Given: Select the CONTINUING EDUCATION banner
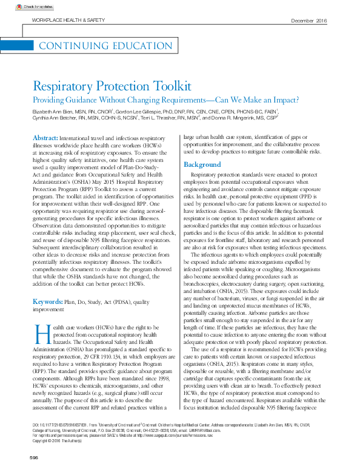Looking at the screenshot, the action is click(x=98, y=46).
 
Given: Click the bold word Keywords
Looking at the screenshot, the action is click(x=47, y=300).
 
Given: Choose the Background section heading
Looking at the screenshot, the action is click(x=202, y=165).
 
